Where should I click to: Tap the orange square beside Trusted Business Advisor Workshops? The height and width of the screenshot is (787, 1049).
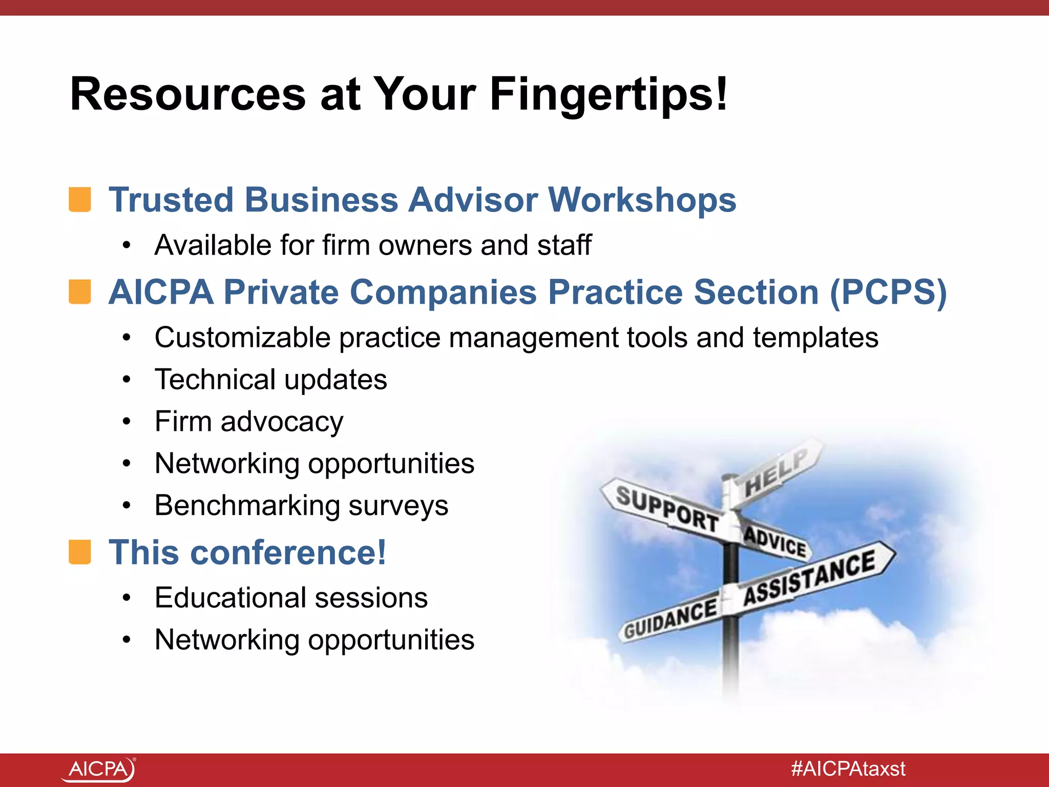pos(80,199)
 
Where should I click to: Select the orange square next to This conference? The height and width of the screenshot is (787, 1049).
pos(80,552)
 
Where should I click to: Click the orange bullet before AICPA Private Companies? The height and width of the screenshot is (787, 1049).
pos(80,292)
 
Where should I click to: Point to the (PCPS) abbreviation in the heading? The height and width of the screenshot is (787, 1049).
pos(888,293)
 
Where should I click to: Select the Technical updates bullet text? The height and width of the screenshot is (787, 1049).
pos(270,380)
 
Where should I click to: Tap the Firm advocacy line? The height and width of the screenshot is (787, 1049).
pos(249,422)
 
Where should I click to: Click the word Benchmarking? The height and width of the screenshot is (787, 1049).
pos(247,506)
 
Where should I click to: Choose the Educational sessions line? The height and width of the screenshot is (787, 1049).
pos(291,598)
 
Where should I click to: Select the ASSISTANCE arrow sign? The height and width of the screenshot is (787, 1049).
pos(809,577)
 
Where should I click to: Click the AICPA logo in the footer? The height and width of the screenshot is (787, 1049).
pos(99,769)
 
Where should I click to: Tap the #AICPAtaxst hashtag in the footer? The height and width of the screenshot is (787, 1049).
pos(848,769)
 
